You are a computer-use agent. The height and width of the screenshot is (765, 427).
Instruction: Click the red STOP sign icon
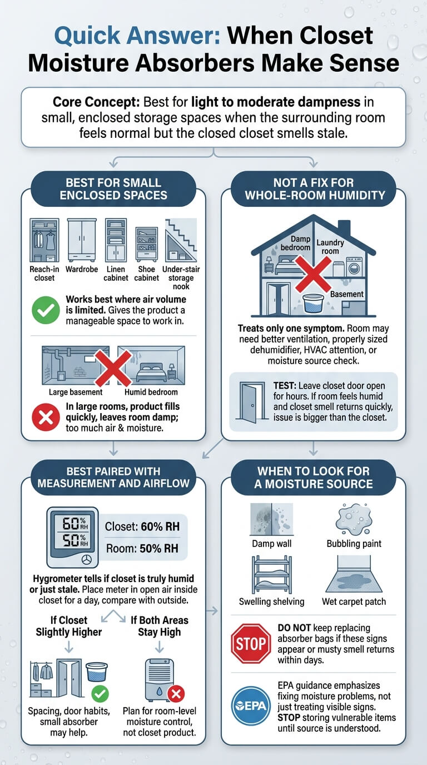[x=251, y=644]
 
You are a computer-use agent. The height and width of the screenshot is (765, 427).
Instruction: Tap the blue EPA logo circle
[x=251, y=706]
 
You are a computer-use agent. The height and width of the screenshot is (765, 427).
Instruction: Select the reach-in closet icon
[x=44, y=240]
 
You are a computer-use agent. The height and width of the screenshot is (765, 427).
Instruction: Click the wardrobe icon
[x=82, y=240]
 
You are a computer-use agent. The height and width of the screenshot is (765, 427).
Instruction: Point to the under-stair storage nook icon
[x=181, y=240]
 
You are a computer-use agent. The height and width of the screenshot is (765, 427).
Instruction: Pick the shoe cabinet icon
[x=147, y=244]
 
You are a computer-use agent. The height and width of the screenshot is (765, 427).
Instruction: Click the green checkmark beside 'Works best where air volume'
[x=46, y=310]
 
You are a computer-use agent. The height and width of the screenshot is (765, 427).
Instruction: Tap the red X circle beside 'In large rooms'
[x=46, y=417]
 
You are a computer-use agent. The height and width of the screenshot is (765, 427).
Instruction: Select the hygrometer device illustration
[x=72, y=537]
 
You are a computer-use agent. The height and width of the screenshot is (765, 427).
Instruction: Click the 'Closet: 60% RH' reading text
[x=142, y=526]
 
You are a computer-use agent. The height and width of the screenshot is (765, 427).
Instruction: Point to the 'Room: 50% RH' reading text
[x=142, y=548]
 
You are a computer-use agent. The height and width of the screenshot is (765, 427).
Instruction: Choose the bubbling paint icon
[x=354, y=519]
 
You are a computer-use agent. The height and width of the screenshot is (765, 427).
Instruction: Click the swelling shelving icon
[x=271, y=575]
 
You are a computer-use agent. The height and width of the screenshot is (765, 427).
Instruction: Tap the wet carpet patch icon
[x=354, y=574]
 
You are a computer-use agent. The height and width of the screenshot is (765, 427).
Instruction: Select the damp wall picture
[x=271, y=519]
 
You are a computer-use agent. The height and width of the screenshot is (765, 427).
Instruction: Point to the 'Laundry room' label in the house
[x=330, y=247]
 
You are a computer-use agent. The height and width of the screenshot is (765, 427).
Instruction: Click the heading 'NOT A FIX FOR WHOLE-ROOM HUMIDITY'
[x=314, y=189]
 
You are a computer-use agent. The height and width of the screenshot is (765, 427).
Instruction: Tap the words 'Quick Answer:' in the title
[x=137, y=35]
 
